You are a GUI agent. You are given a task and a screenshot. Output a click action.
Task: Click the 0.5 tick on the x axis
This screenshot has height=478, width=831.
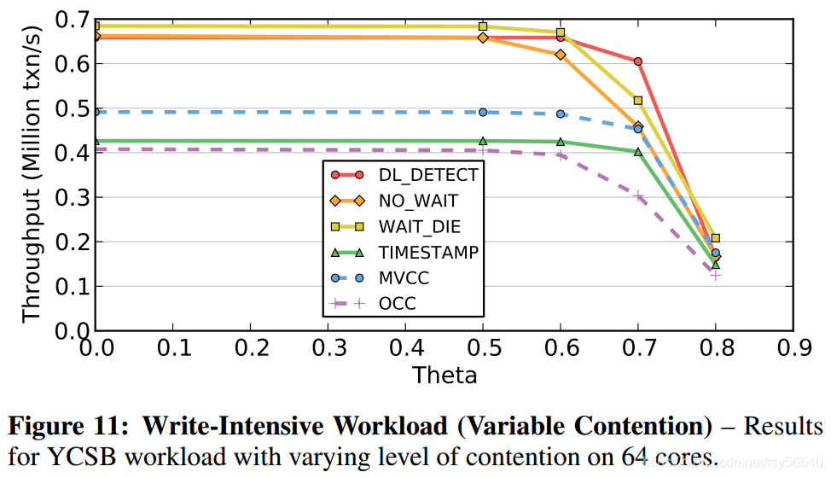pyautogui.click(x=483, y=347)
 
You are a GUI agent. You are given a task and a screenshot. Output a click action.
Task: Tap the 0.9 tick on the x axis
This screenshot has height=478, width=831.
pyautogui.click(x=793, y=347)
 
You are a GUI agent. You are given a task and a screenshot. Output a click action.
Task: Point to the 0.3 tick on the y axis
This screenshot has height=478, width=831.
pyautogui.click(x=71, y=198)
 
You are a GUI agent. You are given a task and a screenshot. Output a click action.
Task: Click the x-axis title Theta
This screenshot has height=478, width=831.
pyautogui.click(x=445, y=375)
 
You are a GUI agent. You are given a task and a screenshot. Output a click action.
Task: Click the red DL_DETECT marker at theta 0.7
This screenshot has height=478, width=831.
pyautogui.click(x=637, y=61)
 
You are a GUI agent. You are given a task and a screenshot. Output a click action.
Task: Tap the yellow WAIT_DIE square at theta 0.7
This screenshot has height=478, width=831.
pyautogui.click(x=637, y=101)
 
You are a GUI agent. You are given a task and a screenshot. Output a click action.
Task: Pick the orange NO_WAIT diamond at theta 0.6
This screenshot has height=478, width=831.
pyautogui.click(x=561, y=55)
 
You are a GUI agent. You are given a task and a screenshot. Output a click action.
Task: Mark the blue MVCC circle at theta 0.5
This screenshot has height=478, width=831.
pyautogui.click(x=483, y=112)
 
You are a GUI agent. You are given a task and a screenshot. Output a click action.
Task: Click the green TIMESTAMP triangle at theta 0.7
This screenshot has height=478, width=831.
pyautogui.click(x=637, y=151)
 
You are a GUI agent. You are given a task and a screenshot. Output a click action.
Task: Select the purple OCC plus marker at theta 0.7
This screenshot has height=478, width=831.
pyautogui.click(x=637, y=196)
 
